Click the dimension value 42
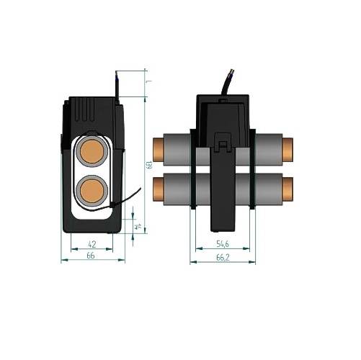pos(92,245)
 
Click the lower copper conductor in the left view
pos(92,192)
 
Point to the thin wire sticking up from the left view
pos(115,82)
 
